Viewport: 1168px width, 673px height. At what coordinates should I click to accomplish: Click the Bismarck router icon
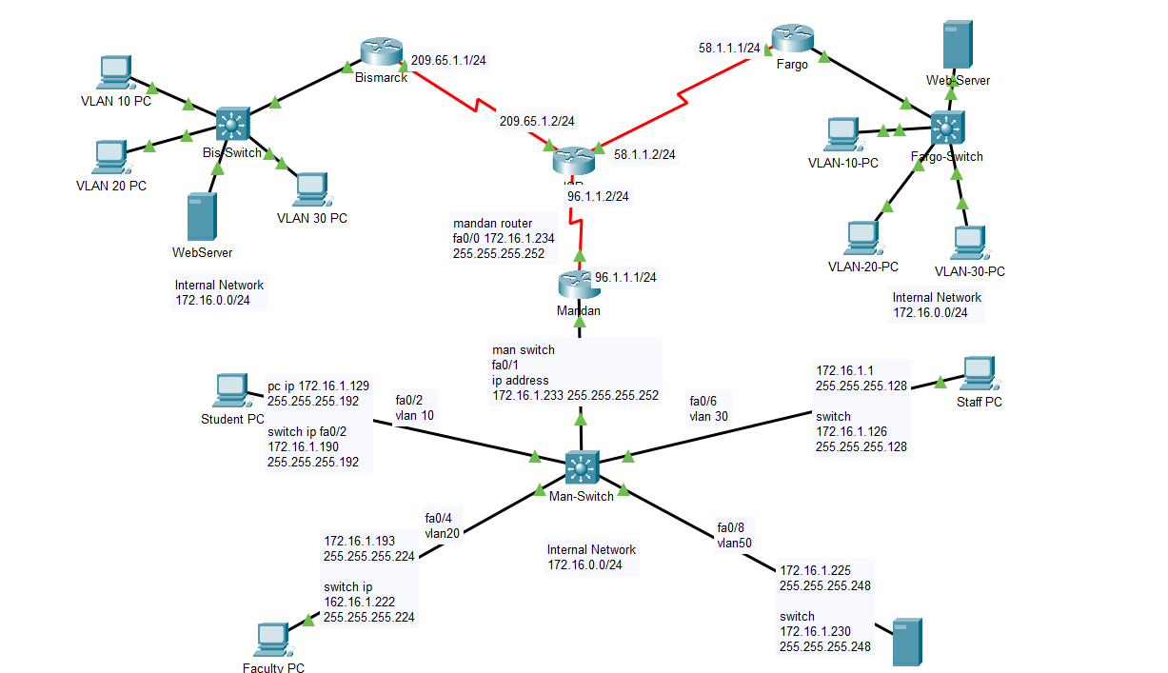point(381,54)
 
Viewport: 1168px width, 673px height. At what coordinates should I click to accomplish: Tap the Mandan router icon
point(578,284)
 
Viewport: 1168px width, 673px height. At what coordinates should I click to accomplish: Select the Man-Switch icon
point(580,466)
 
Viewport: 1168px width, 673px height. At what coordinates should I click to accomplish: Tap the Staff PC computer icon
point(979,373)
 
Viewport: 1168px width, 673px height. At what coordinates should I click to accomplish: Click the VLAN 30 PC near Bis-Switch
point(311,189)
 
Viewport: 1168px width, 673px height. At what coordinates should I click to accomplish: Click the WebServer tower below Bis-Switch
point(198,217)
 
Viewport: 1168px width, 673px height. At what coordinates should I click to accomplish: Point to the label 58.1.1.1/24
point(729,47)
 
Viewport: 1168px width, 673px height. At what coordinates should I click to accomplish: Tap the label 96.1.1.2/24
point(598,196)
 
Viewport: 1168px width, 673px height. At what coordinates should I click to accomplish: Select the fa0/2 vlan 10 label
point(414,407)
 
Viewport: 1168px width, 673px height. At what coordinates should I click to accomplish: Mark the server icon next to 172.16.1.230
point(906,642)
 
